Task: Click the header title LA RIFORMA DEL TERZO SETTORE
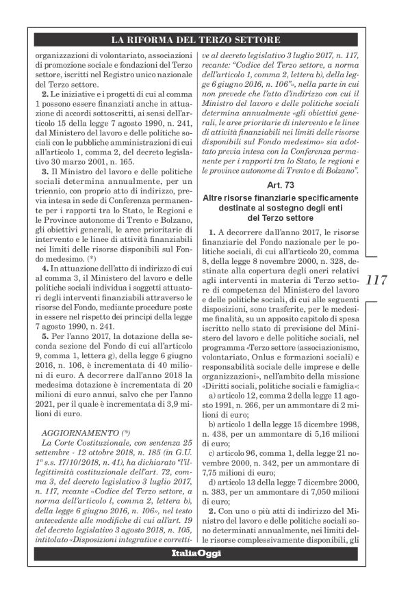point(198,40)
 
